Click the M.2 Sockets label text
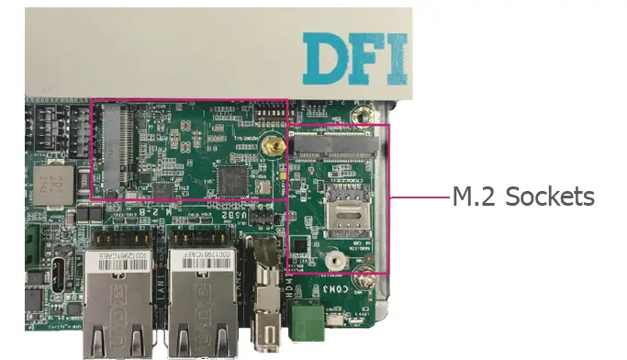point(523,197)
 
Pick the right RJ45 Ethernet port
point(205,298)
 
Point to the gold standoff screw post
point(270,145)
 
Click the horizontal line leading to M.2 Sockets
point(419,197)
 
